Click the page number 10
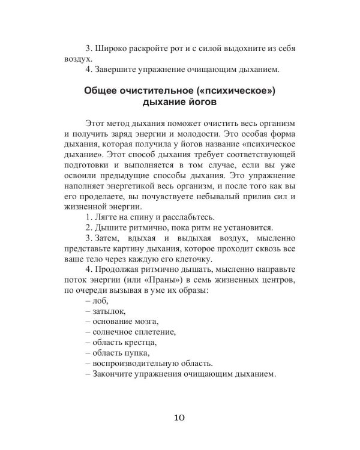[x=180, y=418]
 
